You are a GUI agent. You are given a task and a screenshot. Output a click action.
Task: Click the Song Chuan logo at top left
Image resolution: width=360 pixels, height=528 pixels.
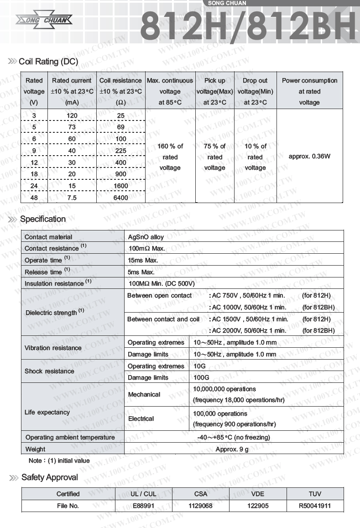(44, 20)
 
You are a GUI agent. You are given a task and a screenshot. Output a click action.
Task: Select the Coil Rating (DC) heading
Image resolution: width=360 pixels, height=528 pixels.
(48, 62)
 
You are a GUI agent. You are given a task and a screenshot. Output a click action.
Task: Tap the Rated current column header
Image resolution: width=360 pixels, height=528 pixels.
(72, 91)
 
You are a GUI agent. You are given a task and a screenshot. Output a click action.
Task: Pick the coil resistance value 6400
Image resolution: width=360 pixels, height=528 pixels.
(121, 198)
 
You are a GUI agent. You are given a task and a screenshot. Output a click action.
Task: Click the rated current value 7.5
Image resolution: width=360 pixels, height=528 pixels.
(72, 198)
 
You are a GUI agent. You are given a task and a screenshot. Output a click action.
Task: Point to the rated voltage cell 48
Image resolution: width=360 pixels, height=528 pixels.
(34, 198)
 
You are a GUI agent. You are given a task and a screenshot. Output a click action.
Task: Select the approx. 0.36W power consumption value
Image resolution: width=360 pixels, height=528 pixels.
(309, 156)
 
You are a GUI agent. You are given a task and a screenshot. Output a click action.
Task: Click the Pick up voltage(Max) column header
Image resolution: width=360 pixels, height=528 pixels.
(214, 91)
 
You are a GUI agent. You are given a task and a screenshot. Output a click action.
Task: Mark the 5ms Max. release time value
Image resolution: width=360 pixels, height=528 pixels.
(141, 272)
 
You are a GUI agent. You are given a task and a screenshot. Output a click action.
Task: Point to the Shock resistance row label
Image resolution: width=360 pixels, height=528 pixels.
(49, 371)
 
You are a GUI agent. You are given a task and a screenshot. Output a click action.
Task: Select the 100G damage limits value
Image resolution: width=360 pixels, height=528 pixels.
(201, 378)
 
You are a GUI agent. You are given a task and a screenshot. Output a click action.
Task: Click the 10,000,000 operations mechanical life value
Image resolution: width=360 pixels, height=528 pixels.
(224, 389)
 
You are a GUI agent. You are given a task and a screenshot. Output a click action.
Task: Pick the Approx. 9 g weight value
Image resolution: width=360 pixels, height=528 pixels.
(232, 449)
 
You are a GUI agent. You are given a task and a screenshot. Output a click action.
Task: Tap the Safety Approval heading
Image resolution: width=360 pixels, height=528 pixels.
(50, 478)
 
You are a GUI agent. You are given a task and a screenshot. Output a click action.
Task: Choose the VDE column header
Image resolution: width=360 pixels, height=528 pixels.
(257, 494)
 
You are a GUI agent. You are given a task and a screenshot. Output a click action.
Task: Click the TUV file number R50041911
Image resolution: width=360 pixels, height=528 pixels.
(315, 506)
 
